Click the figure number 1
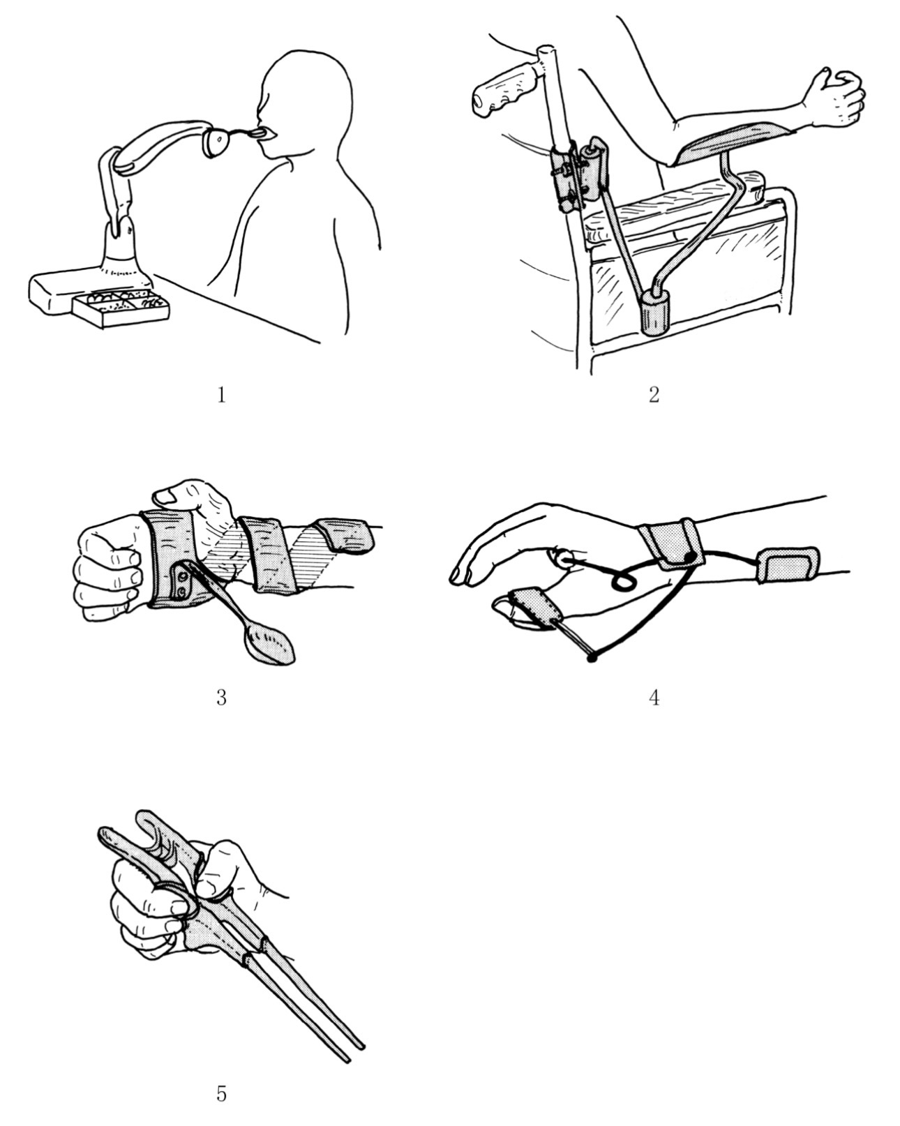click(221, 395)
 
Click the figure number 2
click(654, 395)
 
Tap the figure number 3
click(221, 698)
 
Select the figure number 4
click(654, 698)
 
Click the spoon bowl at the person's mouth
click(257, 133)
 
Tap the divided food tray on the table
click(121, 308)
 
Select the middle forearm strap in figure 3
click(268, 555)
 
